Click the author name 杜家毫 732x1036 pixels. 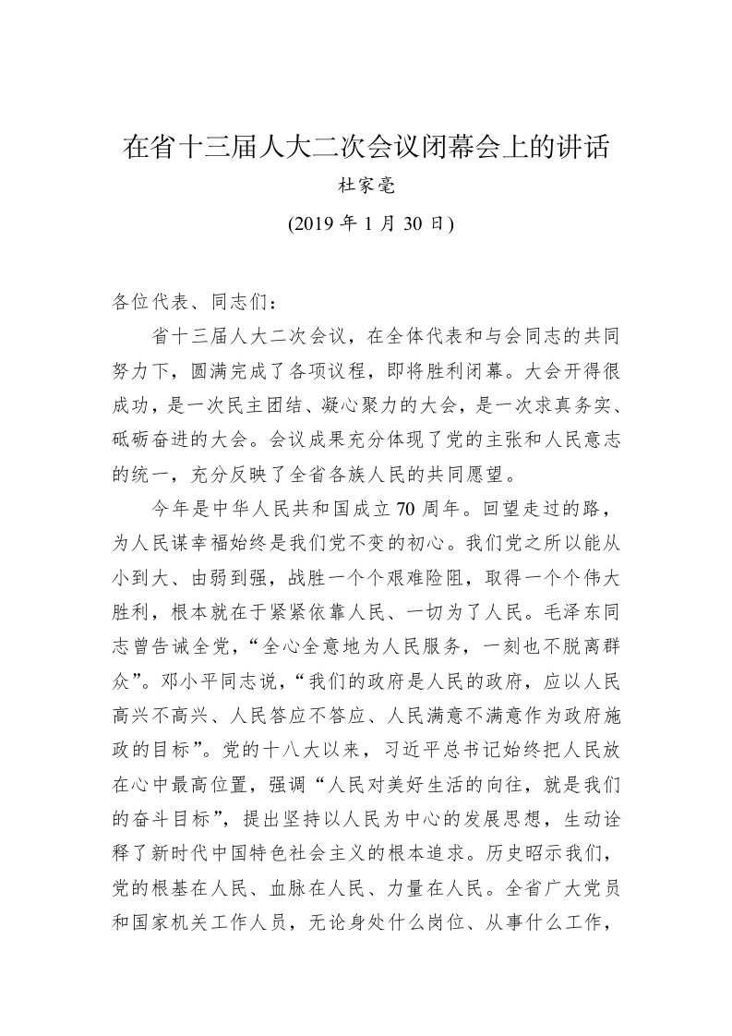(366, 187)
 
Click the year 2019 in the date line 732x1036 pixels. (311, 224)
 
